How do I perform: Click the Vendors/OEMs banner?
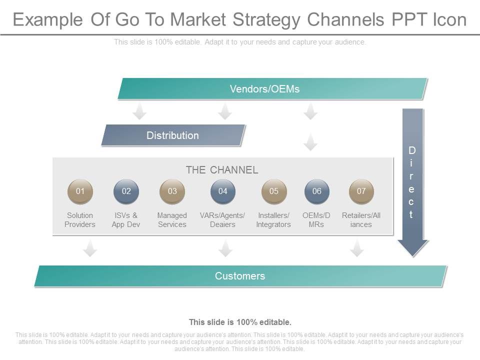(272, 89)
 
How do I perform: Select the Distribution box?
(173, 135)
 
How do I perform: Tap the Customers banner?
(240, 276)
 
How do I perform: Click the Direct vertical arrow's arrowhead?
(412, 247)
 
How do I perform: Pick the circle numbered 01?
(80, 191)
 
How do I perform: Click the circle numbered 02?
(126, 191)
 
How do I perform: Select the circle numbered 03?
(172, 191)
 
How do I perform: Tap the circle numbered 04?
(223, 191)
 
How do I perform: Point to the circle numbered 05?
(274, 191)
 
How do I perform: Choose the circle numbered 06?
(317, 191)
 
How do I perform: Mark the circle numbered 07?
(361, 191)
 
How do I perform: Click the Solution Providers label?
(80, 220)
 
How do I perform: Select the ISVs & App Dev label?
(125, 220)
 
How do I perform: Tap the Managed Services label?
(172, 220)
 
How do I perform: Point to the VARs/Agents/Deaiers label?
(222, 220)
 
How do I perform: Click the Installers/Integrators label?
(273, 220)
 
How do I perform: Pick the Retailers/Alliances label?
(361, 220)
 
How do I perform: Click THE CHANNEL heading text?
(222, 170)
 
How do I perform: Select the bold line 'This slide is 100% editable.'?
(240, 322)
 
